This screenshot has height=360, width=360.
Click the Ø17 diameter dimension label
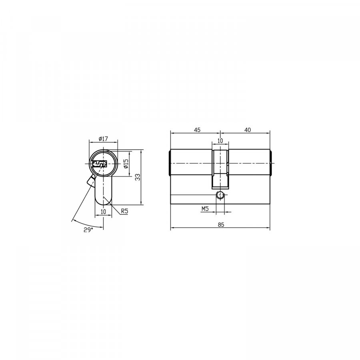[x=103, y=139]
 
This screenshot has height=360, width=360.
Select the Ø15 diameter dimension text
[x=126, y=164]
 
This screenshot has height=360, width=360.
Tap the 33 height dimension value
[x=138, y=177]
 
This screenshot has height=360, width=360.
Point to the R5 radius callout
[x=124, y=211]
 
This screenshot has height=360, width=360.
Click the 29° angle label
[x=88, y=230]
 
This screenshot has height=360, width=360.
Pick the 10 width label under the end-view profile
[x=103, y=212]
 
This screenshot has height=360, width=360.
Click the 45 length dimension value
[x=197, y=130]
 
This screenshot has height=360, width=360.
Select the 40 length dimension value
[x=247, y=130]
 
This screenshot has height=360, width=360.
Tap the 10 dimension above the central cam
[x=220, y=141]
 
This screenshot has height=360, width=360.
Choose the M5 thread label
[x=205, y=209]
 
